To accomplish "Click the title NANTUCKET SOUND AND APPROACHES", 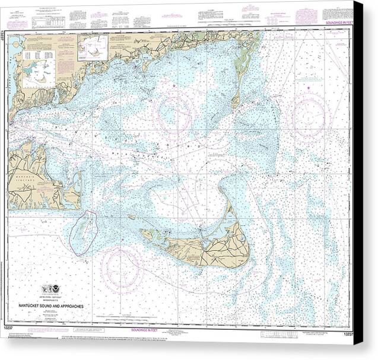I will tap(59, 306).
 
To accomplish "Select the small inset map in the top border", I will tap(93, 47).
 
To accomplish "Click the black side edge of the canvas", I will tap(358, 178).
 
